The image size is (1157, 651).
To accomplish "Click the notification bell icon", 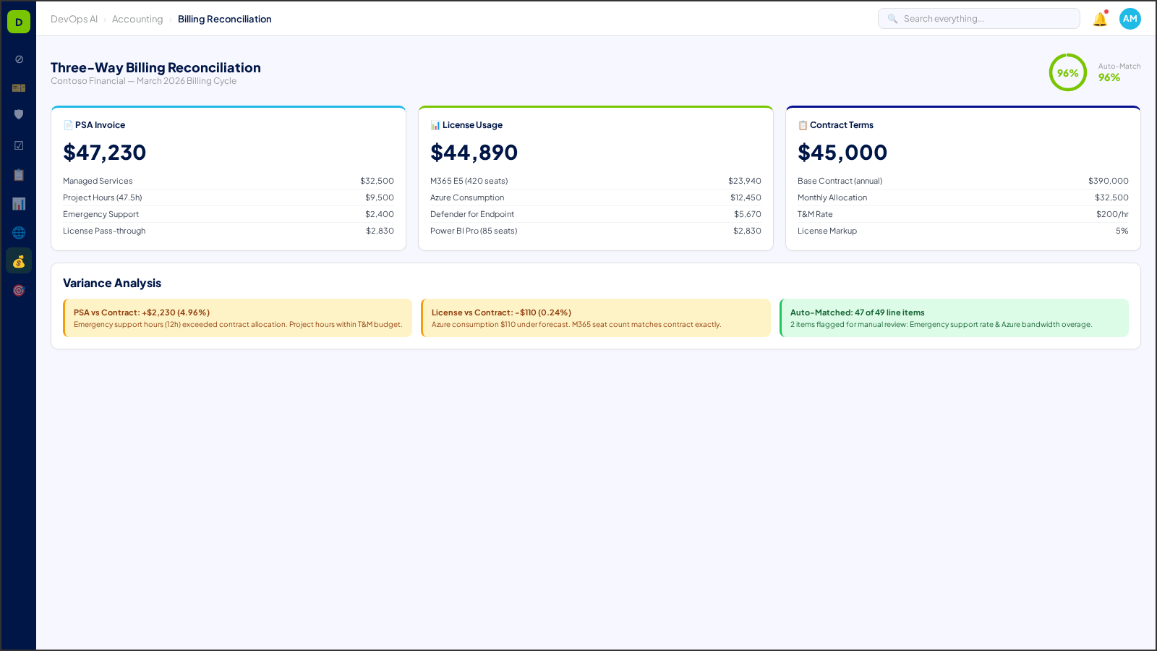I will click(x=1100, y=20).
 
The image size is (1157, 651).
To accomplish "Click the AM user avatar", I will click(x=1130, y=19).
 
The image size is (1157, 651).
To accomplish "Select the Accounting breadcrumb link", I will click(x=137, y=20).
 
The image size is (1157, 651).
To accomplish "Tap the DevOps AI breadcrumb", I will click(x=74, y=20).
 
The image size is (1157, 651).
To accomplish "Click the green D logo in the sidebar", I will click(x=19, y=22).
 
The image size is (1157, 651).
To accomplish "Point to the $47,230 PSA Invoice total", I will click(x=105, y=153).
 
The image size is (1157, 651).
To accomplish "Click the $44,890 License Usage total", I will click(x=474, y=153).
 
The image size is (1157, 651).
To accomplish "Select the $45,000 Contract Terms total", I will click(x=842, y=153).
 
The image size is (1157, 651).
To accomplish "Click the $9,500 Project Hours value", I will click(x=380, y=197).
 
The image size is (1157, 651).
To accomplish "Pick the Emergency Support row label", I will click(x=101, y=214).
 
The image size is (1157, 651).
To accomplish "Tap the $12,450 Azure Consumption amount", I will click(x=746, y=197).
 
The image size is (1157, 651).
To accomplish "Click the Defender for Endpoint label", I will click(x=472, y=214).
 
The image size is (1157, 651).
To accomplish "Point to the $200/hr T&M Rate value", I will click(x=1112, y=214).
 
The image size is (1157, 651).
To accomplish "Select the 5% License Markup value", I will click(x=1122, y=231).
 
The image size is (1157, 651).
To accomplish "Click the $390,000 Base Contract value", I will click(x=1108, y=181).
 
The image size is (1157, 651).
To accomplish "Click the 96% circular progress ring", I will click(x=1067, y=72).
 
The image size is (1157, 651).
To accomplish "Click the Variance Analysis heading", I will click(x=112, y=283).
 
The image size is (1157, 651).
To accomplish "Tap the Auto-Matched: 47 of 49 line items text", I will click(x=857, y=312).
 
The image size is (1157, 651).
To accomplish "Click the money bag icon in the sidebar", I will click(x=19, y=261).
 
